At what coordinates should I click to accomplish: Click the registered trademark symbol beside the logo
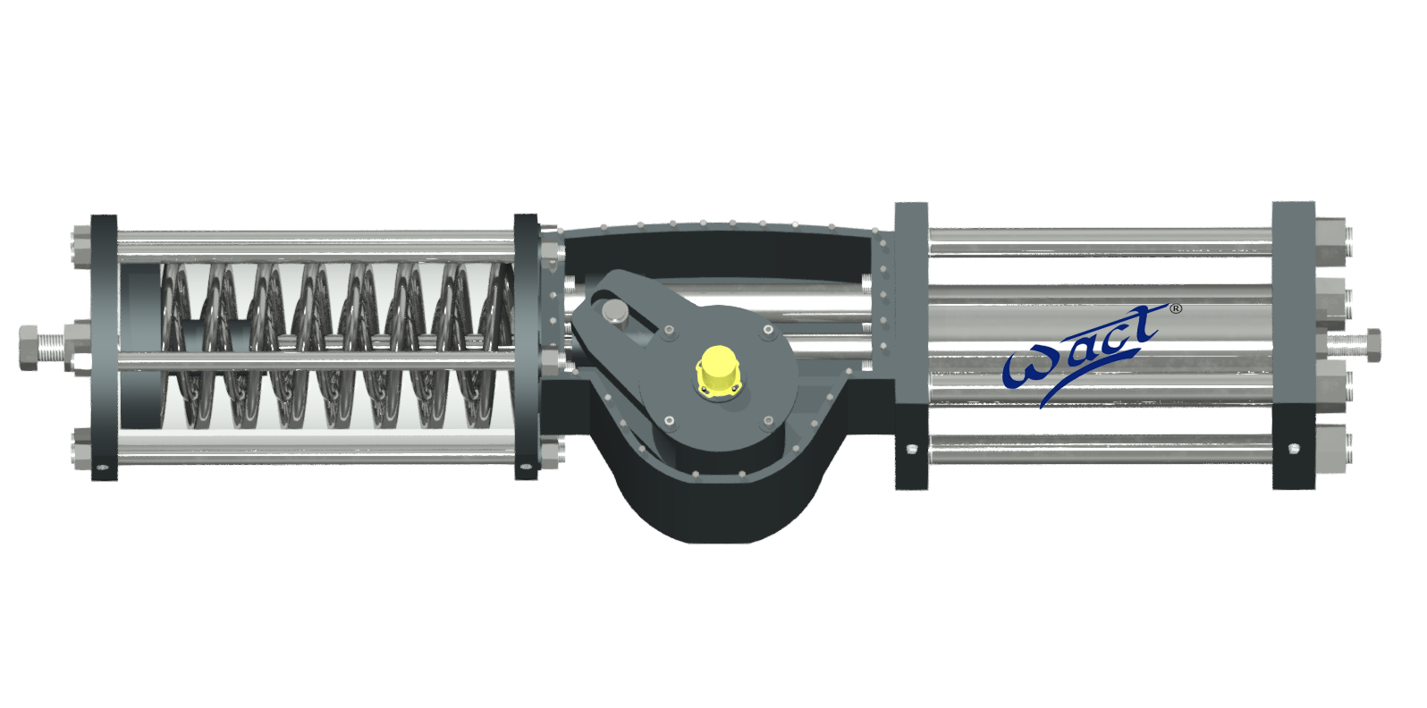click(1176, 308)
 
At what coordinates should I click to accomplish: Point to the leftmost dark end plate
click(105, 347)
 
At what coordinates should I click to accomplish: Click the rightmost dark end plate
click(1293, 345)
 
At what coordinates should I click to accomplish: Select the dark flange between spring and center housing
click(526, 347)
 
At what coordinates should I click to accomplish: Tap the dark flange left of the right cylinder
click(911, 345)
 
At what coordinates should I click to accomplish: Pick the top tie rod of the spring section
click(313, 238)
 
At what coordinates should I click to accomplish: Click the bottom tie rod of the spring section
click(313, 456)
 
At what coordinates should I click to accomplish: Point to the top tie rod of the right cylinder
click(1100, 237)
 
